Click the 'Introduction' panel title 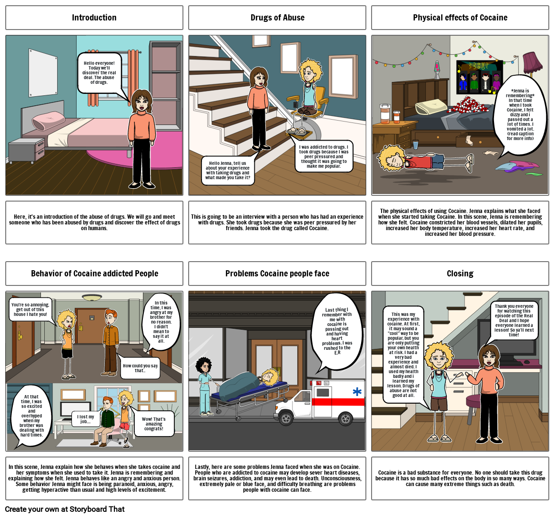pyautogui.click(x=94, y=18)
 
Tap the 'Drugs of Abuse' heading pyautogui.click(x=277, y=18)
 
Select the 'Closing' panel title pyautogui.click(x=460, y=274)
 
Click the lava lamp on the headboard pyautogui.click(x=436, y=70)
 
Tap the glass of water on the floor pyautogui.click(x=416, y=144)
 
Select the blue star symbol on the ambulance pyautogui.click(x=357, y=392)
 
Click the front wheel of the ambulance pyautogui.click(x=286, y=418)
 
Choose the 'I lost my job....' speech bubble pyautogui.click(x=86, y=419)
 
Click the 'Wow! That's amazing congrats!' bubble pyautogui.click(x=153, y=424)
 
